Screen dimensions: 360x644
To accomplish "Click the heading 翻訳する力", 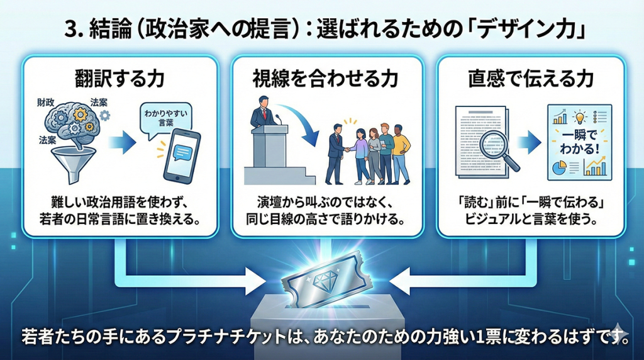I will point(119,81).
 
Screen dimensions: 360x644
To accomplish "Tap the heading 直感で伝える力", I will point(531,81).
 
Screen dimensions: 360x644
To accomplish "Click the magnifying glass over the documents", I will point(497,149).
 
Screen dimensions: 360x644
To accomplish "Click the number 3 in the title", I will point(70,30).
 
